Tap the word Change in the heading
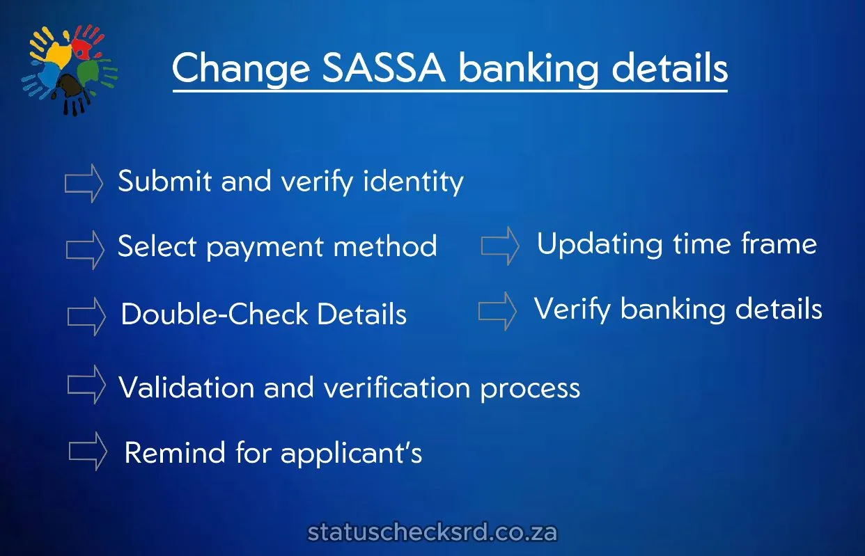point(240,70)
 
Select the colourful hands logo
point(70,69)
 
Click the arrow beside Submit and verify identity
point(84,183)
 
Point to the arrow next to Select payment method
point(84,249)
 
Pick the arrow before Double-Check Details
point(86,317)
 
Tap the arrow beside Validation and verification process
point(86,385)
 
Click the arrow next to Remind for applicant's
point(88,451)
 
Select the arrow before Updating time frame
point(500,246)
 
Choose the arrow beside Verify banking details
point(497,311)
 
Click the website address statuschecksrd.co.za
point(432,533)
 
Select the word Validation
point(186,387)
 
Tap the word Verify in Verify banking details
point(573,309)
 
